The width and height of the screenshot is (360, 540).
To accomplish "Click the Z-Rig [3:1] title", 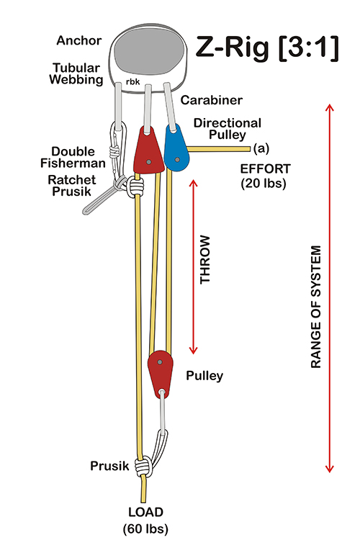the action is (x=267, y=48).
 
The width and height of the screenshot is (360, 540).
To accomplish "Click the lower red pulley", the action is (x=160, y=374).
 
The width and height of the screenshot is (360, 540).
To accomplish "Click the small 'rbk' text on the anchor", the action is (x=132, y=82).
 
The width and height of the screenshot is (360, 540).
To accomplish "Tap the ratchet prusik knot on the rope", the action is (x=136, y=186).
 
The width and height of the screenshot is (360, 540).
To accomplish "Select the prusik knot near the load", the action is (x=143, y=466).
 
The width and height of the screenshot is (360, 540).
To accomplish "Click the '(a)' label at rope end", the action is (x=261, y=148).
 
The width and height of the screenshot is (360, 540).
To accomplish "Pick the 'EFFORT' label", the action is (x=265, y=169).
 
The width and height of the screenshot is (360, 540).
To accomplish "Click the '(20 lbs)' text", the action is (x=264, y=183).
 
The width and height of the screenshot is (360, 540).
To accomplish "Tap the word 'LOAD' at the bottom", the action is (x=145, y=512).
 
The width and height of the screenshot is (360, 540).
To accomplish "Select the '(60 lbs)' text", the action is (x=145, y=528).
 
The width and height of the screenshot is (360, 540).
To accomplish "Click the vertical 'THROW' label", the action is (x=205, y=260).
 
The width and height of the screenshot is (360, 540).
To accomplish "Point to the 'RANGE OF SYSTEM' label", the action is (x=316, y=307).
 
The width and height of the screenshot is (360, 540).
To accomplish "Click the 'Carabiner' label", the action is (x=211, y=100).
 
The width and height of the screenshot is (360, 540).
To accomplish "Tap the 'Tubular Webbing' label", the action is (x=76, y=73).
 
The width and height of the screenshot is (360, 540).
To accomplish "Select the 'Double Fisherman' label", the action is (x=73, y=157).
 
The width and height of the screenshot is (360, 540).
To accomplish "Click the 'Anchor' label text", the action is (x=79, y=40).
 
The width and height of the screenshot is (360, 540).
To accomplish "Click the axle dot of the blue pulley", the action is (x=177, y=160).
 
